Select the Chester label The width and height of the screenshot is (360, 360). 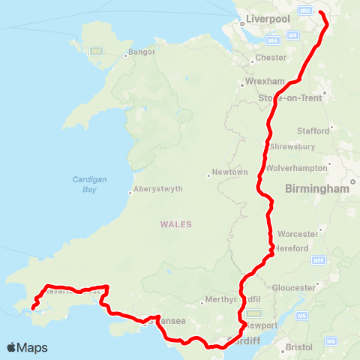[271, 57]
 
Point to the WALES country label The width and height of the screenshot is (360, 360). [176, 223]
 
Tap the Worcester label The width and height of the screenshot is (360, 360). [298, 234]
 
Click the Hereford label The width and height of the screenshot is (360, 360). [292, 248]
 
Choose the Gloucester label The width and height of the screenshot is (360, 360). [292, 287]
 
